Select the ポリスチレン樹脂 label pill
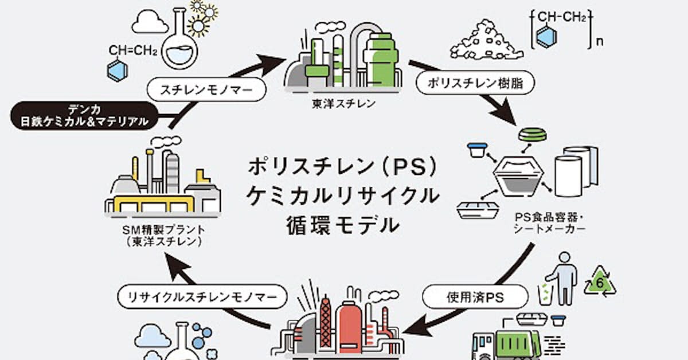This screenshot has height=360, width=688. [475, 83]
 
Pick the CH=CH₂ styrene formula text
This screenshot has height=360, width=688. [132, 51]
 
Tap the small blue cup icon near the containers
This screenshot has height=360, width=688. [476, 151]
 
